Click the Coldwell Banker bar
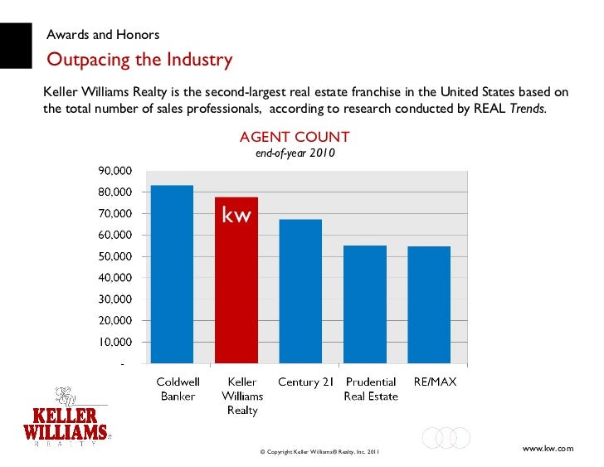[x=172, y=274]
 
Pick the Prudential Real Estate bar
[x=365, y=304]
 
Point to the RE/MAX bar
[x=429, y=304]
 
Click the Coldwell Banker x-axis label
[x=178, y=389]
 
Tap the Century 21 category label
[x=305, y=382]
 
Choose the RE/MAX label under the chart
[x=435, y=382]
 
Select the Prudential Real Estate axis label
[x=371, y=389]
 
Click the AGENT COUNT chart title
[x=294, y=137]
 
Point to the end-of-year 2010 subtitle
[x=295, y=153]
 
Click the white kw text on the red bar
[x=236, y=216]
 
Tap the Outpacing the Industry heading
[x=139, y=61]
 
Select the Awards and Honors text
[x=103, y=35]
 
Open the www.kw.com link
[x=548, y=448]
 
